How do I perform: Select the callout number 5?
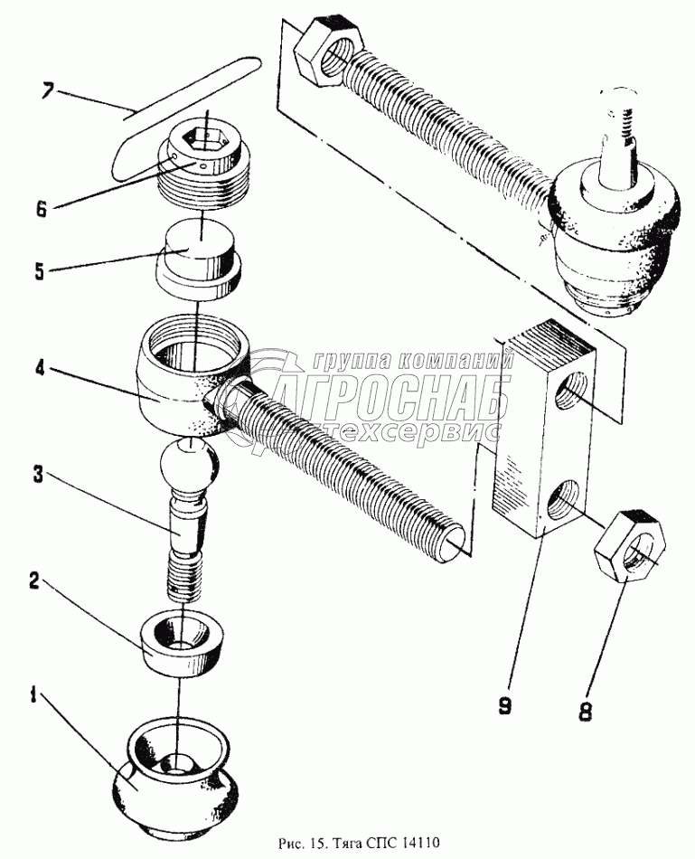click(39, 271)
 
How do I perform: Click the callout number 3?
click(38, 474)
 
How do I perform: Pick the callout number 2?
click(34, 581)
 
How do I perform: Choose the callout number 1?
click(33, 697)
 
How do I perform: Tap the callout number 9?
click(504, 706)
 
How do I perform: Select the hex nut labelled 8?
click(630, 545)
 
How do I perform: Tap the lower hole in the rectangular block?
click(564, 500)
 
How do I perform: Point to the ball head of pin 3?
click(190, 465)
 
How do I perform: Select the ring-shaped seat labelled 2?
click(183, 643)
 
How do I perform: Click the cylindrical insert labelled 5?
click(199, 260)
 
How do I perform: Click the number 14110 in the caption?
click(424, 843)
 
